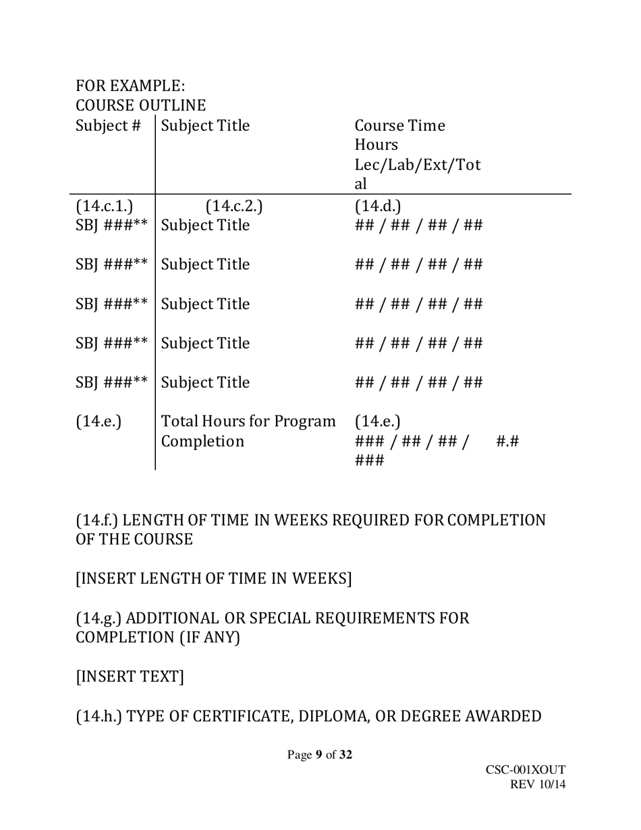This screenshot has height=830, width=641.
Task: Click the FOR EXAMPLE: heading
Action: click(x=130, y=86)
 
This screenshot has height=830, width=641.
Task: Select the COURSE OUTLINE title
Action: click(x=140, y=106)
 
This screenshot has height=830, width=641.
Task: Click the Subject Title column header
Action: click(x=206, y=126)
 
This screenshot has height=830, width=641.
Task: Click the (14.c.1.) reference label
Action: click(x=105, y=205)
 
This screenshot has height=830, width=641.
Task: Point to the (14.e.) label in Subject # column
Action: click(x=99, y=422)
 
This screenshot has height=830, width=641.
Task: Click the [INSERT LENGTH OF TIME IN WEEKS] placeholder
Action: click(x=214, y=579)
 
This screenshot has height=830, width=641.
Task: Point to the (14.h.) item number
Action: click(x=99, y=715)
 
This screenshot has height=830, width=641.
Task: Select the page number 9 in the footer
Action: click(x=318, y=755)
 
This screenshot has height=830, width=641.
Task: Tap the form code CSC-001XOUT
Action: click(x=525, y=771)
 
